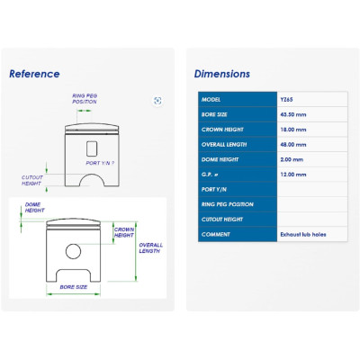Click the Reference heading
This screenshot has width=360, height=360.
(x=34, y=74)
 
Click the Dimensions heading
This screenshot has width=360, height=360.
(x=222, y=74)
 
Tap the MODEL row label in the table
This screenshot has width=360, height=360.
(x=211, y=100)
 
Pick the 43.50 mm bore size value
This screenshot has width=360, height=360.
(x=293, y=114)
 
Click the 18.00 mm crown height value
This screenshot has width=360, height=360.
(x=293, y=130)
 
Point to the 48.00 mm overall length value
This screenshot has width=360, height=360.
(x=293, y=145)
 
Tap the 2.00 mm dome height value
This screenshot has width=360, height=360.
(x=292, y=159)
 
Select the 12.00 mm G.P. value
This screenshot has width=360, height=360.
(x=293, y=175)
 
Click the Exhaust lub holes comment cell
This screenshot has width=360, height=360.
(x=303, y=235)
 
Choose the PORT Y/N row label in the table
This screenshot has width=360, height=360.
(x=214, y=190)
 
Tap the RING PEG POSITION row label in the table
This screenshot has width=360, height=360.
(x=228, y=204)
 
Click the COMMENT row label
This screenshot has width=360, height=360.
(x=216, y=235)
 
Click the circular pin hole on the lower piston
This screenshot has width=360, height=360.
(x=73, y=251)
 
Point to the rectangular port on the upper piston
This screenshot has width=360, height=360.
(x=92, y=148)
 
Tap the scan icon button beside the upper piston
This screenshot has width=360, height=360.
(x=157, y=101)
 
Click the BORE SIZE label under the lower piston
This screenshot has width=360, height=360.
(x=74, y=287)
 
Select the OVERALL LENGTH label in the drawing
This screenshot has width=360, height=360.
(x=150, y=248)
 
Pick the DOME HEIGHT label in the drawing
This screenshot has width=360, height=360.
(x=35, y=208)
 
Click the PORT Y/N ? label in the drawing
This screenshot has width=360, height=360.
(x=100, y=163)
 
